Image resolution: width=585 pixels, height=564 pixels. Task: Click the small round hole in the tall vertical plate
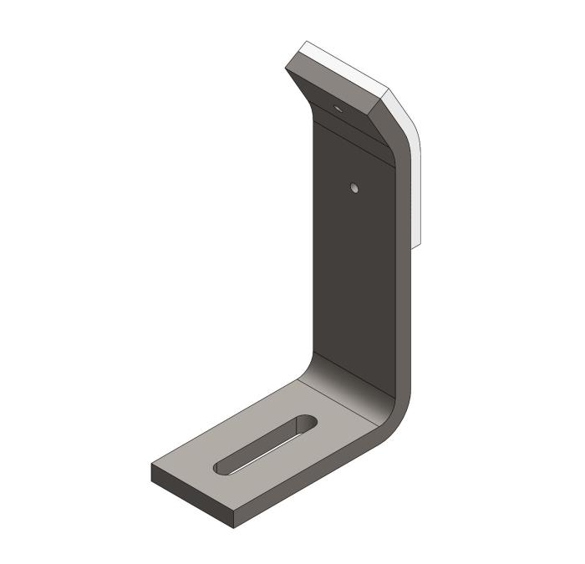click(354, 188)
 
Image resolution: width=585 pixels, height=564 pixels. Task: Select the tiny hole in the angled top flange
click(338, 108)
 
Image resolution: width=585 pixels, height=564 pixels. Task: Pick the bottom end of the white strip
click(418, 244)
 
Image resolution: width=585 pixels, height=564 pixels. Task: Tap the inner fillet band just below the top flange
click(351, 134)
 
